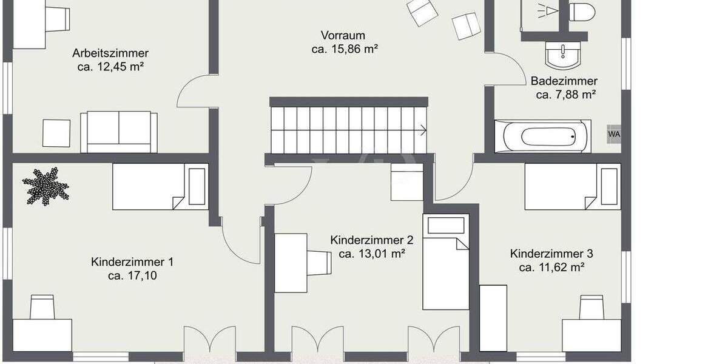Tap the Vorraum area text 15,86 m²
coord(345,50)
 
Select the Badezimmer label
coord(564,81)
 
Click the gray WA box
coord(614,133)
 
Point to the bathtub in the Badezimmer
coord(542,136)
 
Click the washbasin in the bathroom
coord(564,55)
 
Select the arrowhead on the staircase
coord(422,129)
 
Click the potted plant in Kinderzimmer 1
coord(45,186)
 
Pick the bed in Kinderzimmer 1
coord(161,187)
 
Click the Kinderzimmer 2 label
coord(372,240)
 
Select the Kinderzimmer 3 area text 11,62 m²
coord(551,267)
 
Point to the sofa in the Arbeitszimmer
coord(119,131)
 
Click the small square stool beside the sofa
coord(56,133)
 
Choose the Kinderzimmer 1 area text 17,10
coord(132,276)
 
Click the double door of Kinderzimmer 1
coord(210,340)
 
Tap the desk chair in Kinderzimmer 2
coord(319,263)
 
